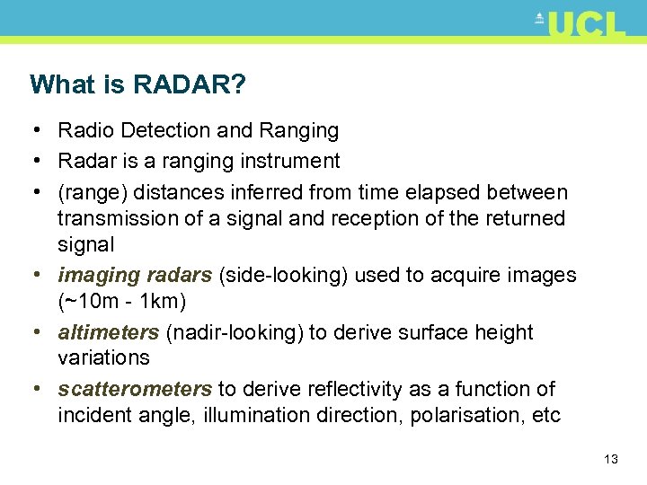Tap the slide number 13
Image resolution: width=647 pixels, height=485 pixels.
click(611, 459)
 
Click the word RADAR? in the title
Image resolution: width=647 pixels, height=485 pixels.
click(190, 85)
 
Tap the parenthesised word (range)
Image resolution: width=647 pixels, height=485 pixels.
click(94, 192)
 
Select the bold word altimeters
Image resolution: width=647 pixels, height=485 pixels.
click(108, 333)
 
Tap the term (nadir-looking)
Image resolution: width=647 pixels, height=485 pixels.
click(235, 333)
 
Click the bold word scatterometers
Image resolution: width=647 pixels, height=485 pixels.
click(135, 390)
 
